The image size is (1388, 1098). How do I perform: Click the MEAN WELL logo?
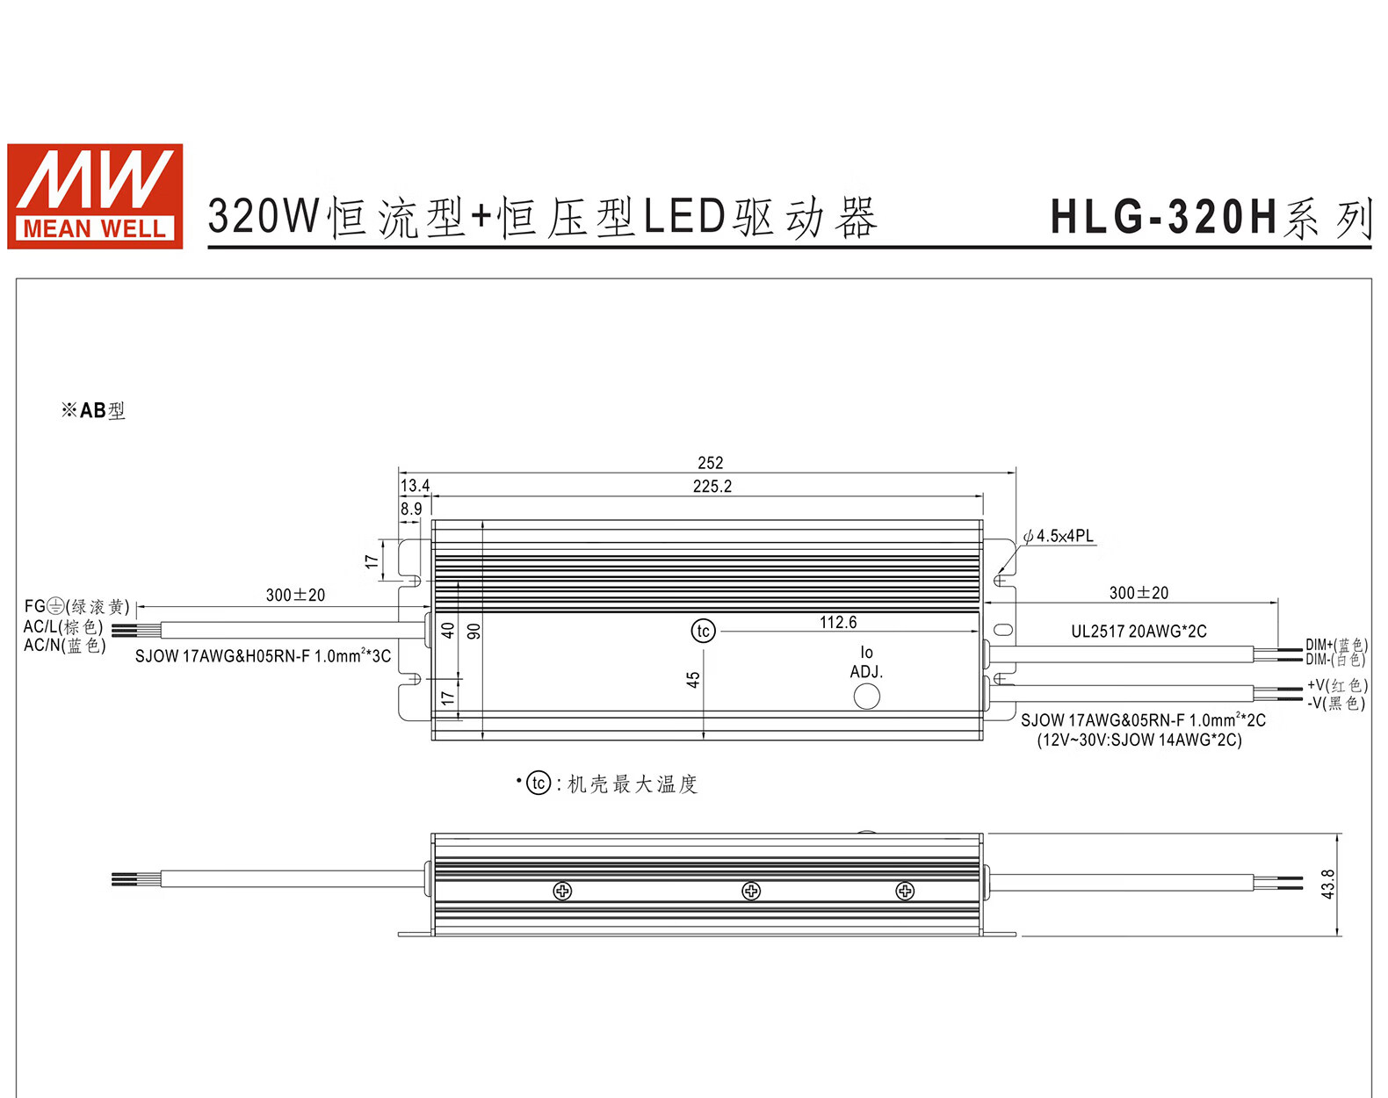[95, 196]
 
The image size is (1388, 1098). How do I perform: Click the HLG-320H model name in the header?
[1164, 217]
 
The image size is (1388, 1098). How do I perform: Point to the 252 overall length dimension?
[710, 463]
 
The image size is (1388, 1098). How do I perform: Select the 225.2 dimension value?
[712, 487]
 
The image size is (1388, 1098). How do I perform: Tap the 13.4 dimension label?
[415, 485]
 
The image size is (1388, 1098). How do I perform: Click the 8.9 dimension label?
[411, 509]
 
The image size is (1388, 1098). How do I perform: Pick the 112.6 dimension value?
[838, 622]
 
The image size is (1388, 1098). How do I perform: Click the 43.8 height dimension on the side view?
[1327, 884]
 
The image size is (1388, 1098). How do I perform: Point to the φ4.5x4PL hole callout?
[1059, 536]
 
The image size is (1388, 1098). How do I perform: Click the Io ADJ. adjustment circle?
[866, 697]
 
